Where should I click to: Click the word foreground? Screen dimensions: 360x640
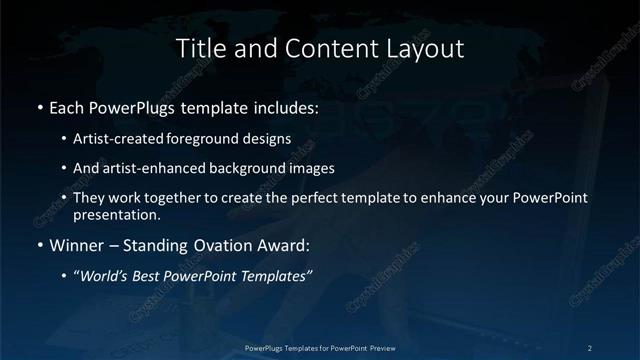coord(217,138)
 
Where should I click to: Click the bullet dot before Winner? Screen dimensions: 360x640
coord(39,244)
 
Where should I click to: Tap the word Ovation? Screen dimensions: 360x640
coord(211,244)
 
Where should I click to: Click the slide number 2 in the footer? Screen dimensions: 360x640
coord(589,347)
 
